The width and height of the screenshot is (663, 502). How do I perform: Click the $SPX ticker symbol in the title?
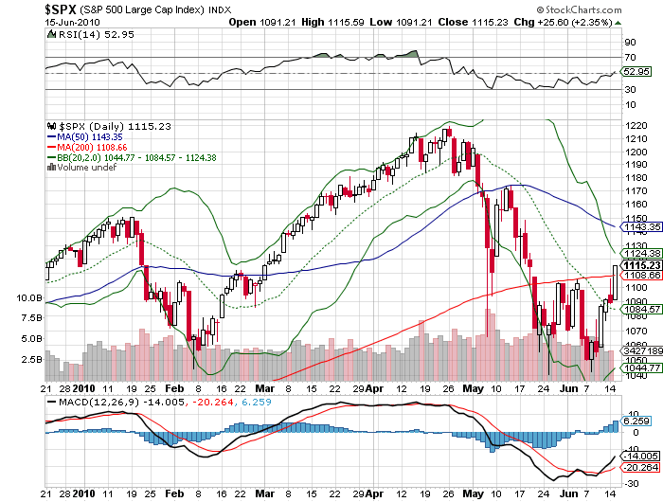pos(63,9)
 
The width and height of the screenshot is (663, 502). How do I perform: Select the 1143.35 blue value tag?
pos(637,227)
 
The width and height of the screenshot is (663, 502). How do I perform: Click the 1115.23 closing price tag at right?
pos(637,264)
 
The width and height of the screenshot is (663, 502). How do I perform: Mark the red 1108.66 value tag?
pos(637,275)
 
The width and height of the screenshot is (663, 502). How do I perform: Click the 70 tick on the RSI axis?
pos(629,58)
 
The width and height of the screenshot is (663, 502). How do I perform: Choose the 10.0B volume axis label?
pos(29,297)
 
